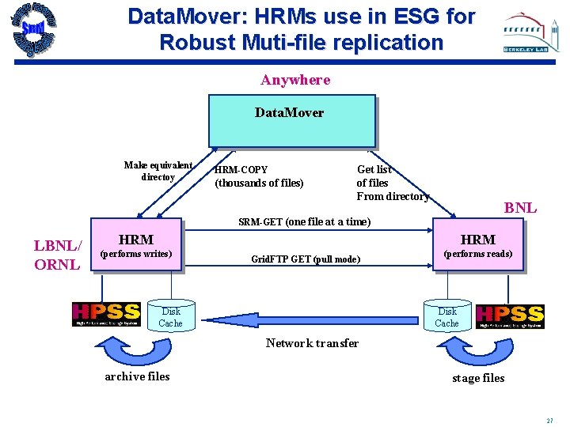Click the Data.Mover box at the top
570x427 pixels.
291,120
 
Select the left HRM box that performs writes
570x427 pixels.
136,244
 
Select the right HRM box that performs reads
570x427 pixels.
478,244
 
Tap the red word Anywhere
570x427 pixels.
295,80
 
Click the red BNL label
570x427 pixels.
520,208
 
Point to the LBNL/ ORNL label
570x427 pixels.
56,255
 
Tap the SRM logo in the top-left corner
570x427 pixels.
32,29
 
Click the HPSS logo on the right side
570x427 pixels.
509,316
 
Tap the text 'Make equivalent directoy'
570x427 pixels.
158,171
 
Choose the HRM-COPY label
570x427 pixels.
241,170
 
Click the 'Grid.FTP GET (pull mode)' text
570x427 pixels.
306,259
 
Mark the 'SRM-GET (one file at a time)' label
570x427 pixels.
304,221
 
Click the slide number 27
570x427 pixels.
549,420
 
